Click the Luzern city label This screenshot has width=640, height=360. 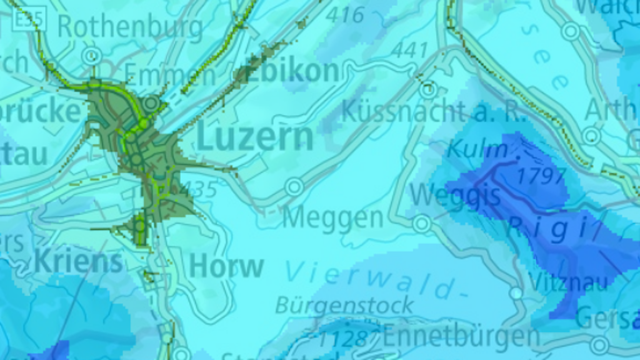[255, 137]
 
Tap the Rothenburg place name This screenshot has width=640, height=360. [130, 27]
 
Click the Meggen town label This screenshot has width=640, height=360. [332, 218]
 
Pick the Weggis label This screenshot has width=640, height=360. [456, 195]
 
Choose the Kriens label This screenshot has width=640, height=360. [79, 261]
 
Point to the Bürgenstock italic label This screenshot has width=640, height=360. [344, 306]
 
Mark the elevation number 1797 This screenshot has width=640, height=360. [541, 176]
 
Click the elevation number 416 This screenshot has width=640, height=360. [344, 15]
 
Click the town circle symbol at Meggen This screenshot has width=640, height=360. [294, 186]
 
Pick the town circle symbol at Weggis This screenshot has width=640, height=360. [422, 222]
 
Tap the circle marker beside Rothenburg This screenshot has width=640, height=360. [92, 56]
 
